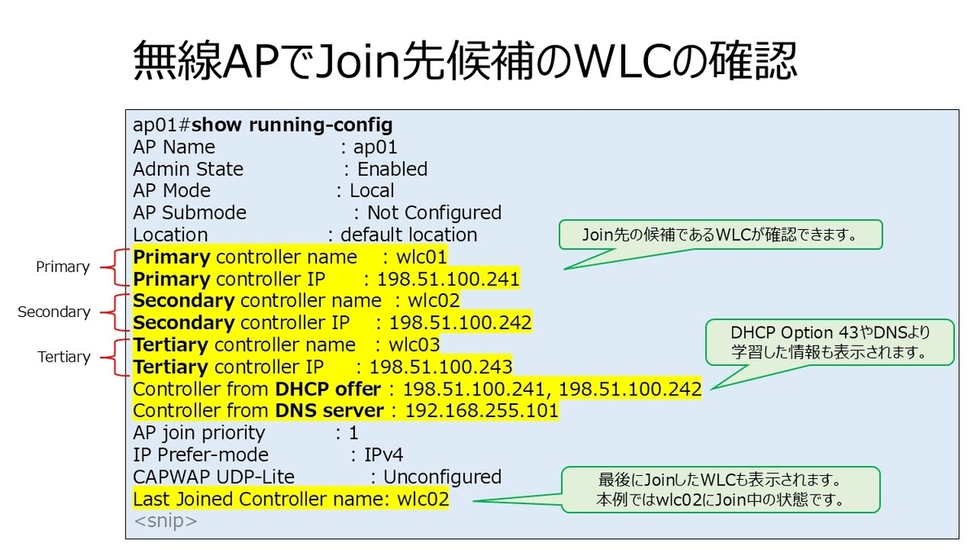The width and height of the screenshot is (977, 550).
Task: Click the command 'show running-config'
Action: coord(292,125)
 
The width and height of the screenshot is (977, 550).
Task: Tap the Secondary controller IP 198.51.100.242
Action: coord(460,322)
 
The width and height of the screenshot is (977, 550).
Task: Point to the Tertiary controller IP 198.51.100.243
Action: coord(440,366)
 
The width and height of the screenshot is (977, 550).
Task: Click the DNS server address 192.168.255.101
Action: coord(481,411)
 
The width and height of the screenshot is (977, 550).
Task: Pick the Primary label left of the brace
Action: coord(63,267)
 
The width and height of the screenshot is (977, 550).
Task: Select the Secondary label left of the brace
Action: coord(54,312)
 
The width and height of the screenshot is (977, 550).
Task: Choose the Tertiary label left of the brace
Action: coord(64,357)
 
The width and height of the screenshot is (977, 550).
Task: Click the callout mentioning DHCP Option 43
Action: coord(830,342)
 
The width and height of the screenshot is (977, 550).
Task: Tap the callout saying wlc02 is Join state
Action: coord(720,489)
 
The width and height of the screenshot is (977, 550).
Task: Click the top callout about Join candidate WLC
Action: coord(720,235)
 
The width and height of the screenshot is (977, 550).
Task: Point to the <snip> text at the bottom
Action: coord(165,521)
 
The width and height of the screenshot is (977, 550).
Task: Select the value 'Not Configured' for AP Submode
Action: coord(434,213)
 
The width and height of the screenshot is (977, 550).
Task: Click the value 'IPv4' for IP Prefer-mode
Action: coord(382,455)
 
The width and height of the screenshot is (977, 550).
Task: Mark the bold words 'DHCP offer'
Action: coord(327,389)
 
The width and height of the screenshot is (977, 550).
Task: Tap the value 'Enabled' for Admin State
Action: coord(392,169)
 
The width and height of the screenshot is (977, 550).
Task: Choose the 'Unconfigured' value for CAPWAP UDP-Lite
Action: coord(442,477)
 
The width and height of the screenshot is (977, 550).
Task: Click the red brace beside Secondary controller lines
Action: coord(121,312)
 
